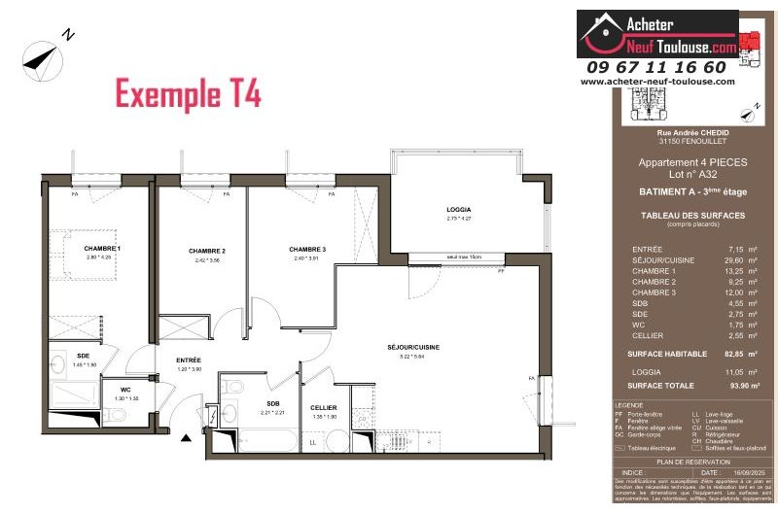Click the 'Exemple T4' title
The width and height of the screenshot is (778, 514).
tap(188, 94)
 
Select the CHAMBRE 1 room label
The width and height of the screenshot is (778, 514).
tap(102, 249)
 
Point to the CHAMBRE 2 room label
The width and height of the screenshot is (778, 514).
tap(207, 251)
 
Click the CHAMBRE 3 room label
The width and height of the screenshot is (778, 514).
tap(307, 250)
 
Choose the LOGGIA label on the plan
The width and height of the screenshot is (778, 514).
tap(458, 210)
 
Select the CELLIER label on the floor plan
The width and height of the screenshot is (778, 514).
tap(324, 407)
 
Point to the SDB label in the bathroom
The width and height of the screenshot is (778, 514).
tap(273, 403)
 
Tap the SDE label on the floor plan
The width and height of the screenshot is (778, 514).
tap(83, 356)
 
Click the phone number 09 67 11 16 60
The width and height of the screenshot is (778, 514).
tap(655, 67)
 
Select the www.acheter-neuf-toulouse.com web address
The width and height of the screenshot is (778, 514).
tap(657, 82)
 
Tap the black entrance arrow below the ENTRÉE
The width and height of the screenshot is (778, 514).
tap(187, 439)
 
